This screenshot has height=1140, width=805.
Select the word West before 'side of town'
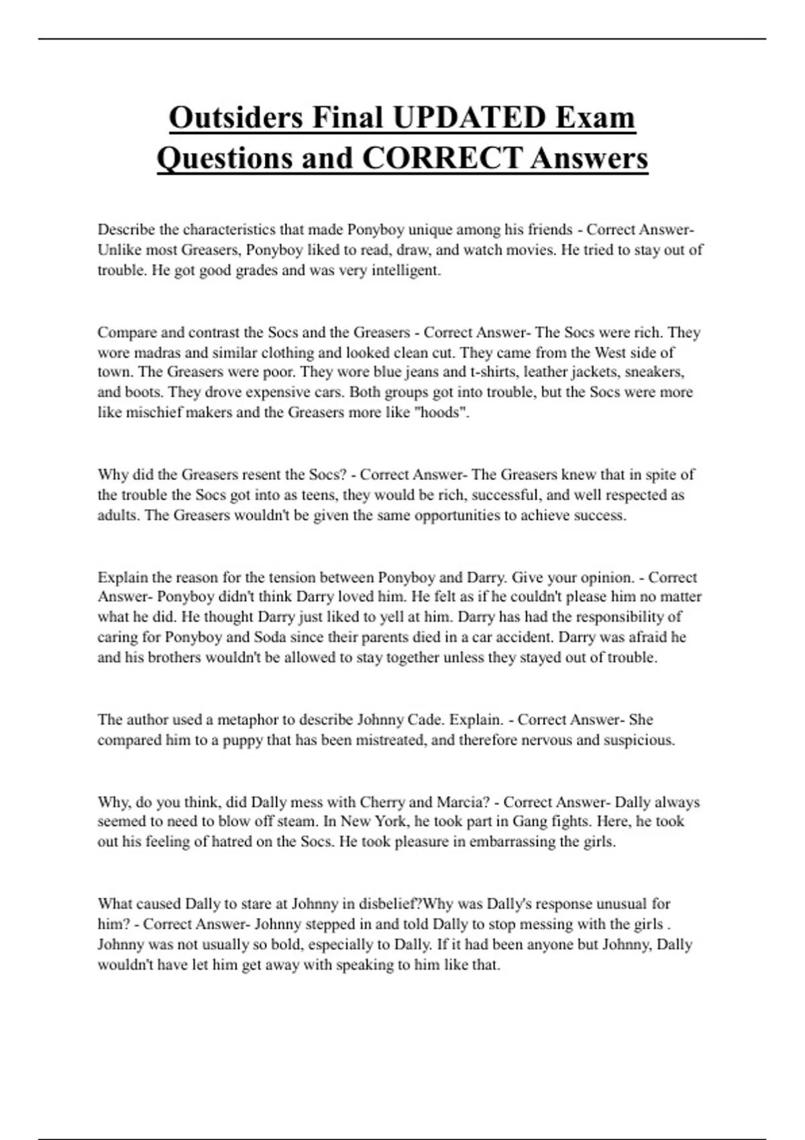pyautogui.click(x=612, y=353)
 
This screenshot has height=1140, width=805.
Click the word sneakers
pyautogui.click(x=654, y=372)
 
